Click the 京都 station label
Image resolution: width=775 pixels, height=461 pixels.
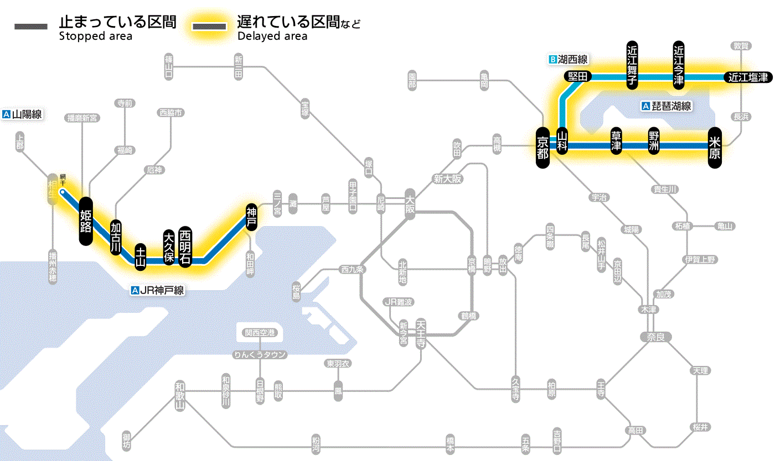(542, 146)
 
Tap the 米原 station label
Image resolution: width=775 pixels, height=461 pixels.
(715, 146)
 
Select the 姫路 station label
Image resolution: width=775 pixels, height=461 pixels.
(86, 221)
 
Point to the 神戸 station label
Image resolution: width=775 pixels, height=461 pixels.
(251, 217)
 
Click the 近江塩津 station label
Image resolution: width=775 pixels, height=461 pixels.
(747, 77)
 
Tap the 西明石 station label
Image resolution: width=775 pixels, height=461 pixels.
(185, 247)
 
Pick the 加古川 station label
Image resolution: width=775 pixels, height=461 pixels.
(116, 237)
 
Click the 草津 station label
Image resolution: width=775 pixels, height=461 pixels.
(616, 141)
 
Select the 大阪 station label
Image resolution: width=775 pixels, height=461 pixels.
(410, 203)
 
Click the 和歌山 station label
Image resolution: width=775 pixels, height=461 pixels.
(180, 394)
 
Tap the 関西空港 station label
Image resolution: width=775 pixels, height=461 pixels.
(260, 333)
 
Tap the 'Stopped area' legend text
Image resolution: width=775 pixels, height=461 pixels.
(95, 36)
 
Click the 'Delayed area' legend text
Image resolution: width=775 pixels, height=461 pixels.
(272, 36)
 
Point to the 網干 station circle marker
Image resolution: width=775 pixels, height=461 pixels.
(63, 192)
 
